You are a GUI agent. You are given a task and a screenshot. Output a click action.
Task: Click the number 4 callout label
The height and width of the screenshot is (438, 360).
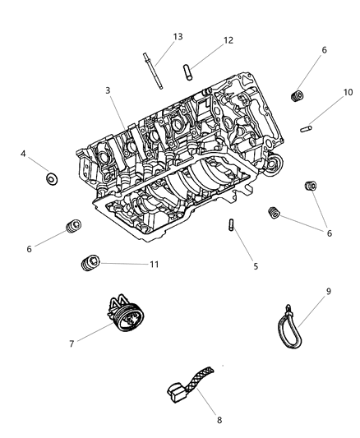(x=24, y=153)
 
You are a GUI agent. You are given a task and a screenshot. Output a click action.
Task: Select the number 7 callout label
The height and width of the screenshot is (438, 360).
(x=72, y=343)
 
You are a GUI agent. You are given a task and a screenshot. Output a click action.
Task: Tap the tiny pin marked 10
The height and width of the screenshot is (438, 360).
(x=307, y=127)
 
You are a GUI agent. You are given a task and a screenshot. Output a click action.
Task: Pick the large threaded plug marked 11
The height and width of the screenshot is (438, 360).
(x=88, y=263)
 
